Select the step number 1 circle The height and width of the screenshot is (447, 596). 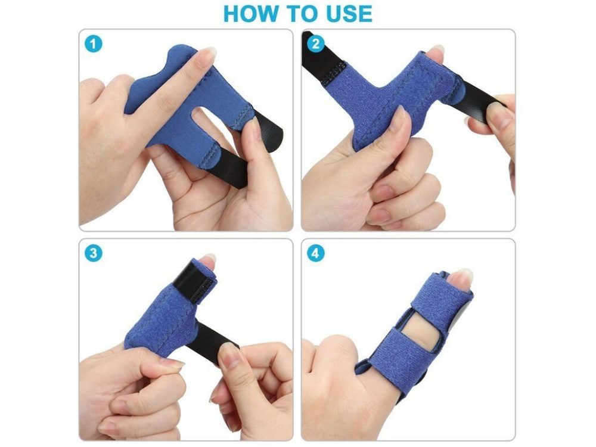93,44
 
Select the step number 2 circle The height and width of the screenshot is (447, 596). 315,44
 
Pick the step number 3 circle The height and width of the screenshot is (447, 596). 93,253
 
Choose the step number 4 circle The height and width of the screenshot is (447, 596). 315,253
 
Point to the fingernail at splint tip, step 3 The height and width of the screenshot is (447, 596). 207,262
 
